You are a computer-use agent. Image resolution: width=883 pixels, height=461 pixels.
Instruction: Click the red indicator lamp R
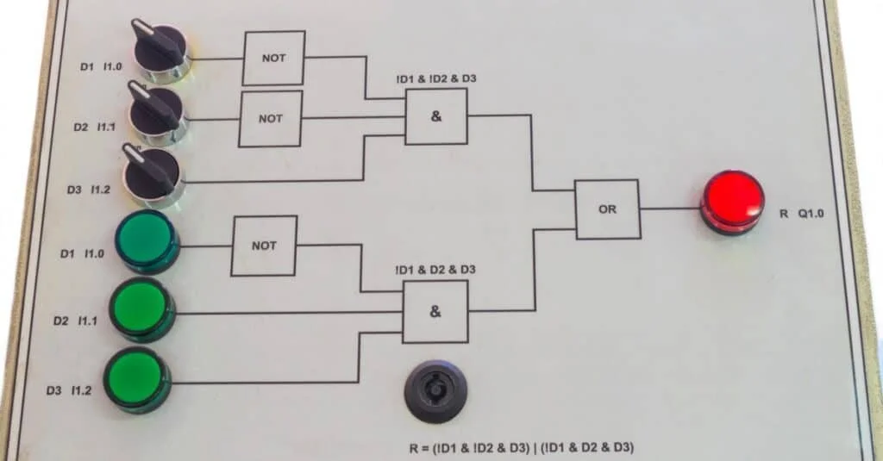point(732,201)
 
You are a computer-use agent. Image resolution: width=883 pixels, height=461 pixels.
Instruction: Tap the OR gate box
point(607,209)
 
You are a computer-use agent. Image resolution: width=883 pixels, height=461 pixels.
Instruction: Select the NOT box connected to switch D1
point(273,58)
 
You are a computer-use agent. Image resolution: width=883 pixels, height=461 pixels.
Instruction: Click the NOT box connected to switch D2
point(270,119)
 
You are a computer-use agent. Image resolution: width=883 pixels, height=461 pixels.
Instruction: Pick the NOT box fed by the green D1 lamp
point(264,246)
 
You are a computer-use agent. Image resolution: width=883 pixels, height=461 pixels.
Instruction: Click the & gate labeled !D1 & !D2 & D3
point(435,117)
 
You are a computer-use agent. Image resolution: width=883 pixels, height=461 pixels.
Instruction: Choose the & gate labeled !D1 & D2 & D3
point(435,312)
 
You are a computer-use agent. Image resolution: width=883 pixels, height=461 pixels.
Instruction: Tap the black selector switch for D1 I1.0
point(161,50)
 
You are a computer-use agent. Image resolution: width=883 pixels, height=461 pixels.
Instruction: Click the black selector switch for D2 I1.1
point(156,109)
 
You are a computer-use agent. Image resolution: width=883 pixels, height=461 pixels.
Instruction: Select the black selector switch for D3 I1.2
point(153,173)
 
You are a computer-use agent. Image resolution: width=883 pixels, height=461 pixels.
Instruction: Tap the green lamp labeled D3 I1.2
point(137,378)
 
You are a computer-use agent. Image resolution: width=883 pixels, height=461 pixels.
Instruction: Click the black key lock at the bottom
point(435,391)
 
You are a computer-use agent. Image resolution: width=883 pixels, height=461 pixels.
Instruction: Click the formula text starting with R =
point(522,447)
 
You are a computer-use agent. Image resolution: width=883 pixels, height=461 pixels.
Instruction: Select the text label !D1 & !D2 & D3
point(436,79)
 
